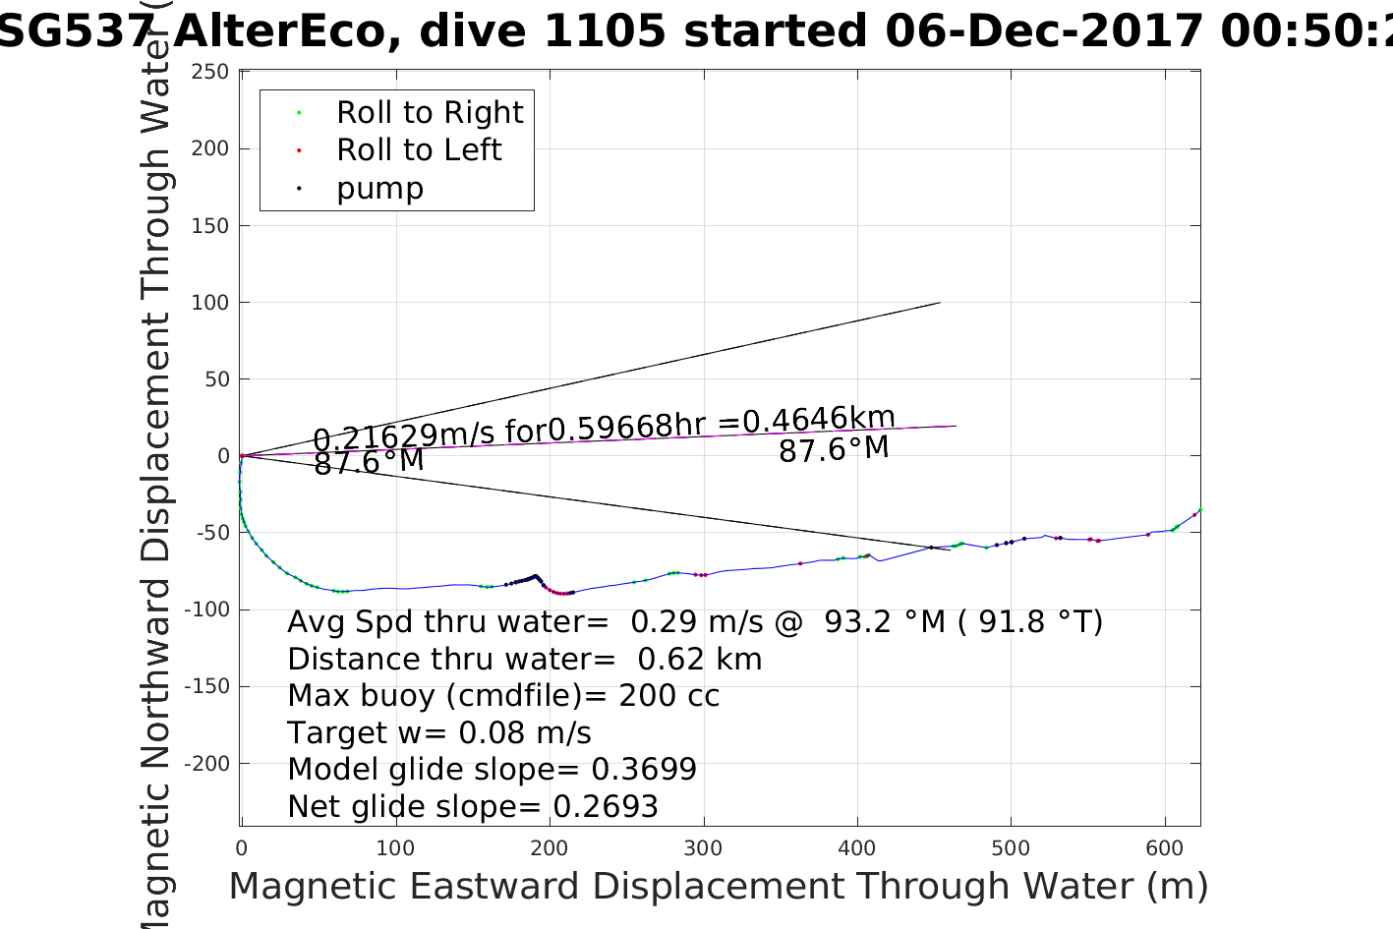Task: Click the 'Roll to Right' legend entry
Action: pos(429,113)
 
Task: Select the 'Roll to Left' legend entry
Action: pos(419,150)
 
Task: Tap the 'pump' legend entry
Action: pos(379,189)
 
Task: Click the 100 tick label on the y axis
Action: pos(210,303)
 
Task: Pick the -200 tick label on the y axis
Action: pos(206,764)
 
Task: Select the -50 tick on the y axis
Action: pos(210,533)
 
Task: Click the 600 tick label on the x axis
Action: pos(1165,849)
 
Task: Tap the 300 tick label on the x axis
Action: pos(703,849)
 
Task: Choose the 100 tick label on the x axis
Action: pos(395,849)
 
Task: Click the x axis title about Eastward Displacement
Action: pos(718,887)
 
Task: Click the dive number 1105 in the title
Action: pos(604,31)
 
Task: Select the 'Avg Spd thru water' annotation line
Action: pos(694,622)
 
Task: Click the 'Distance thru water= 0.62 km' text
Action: pos(524,660)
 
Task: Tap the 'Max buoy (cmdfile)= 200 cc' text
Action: pos(503,696)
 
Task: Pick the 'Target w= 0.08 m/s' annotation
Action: pos(438,733)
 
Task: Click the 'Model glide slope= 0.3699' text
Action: pos(492,770)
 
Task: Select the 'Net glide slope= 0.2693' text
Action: pos(472,807)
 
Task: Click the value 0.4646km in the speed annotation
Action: pos(818,420)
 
